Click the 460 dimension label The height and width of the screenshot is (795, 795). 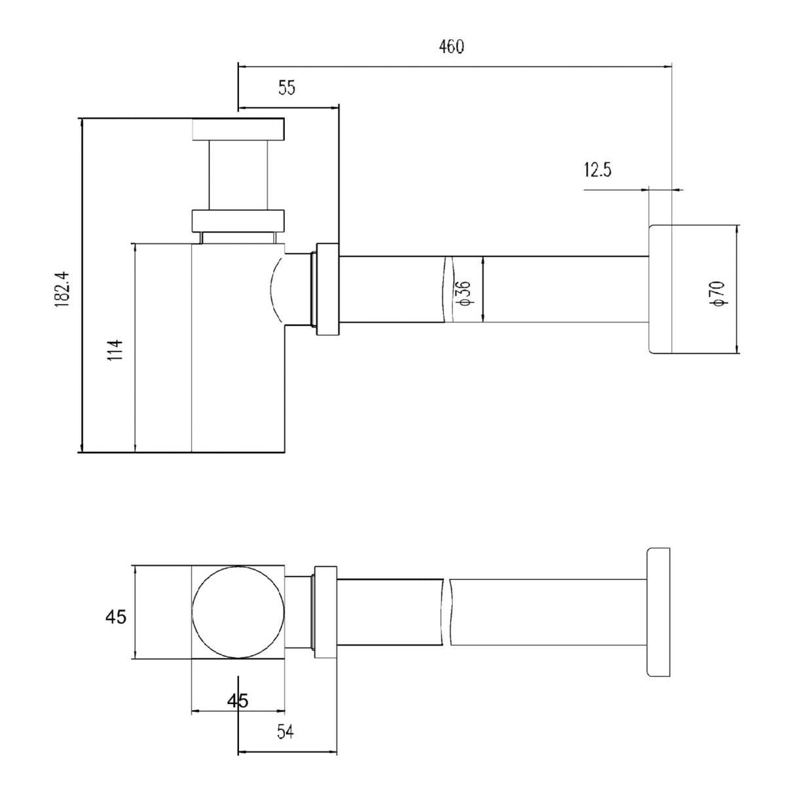451,46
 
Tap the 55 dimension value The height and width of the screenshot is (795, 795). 287,88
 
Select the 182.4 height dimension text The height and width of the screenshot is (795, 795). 62,289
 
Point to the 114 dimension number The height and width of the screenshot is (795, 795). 115,350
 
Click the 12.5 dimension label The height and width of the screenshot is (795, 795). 597,170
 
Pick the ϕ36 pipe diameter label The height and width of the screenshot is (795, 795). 464,293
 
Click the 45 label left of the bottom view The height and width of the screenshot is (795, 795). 116,617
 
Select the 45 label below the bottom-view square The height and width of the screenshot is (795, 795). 238,700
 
